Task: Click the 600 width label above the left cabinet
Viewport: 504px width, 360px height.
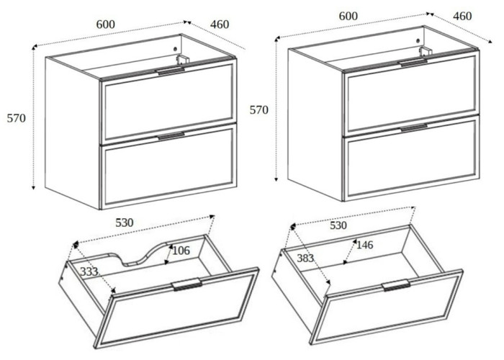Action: [x=106, y=24]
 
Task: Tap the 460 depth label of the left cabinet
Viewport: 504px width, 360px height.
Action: [x=220, y=24]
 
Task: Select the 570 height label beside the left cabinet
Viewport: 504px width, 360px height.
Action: [x=17, y=118]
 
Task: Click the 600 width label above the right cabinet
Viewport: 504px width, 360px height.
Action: [x=348, y=16]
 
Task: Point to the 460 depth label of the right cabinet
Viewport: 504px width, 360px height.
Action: [x=462, y=16]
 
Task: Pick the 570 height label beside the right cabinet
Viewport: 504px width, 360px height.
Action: [x=259, y=110]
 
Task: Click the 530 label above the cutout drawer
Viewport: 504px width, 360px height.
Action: [x=125, y=222]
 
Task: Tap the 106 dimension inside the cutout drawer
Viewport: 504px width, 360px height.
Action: [x=181, y=251]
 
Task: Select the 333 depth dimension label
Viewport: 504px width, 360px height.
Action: [x=89, y=272]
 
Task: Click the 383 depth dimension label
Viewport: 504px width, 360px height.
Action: [x=305, y=258]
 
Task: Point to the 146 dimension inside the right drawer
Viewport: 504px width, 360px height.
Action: [x=365, y=246]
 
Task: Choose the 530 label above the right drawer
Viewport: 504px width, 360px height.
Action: [x=338, y=225]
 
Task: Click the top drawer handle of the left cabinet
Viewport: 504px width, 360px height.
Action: [x=171, y=72]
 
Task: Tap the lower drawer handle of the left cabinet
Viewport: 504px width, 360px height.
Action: [x=171, y=136]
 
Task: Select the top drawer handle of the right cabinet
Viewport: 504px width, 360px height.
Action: [x=414, y=63]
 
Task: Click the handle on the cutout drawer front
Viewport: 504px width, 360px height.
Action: [x=186, y=284]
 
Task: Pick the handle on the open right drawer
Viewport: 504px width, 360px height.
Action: [x=396, y=285]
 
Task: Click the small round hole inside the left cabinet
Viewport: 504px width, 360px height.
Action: [x=175, y=49]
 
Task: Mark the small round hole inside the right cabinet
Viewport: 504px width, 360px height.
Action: [x=418, y=41]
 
